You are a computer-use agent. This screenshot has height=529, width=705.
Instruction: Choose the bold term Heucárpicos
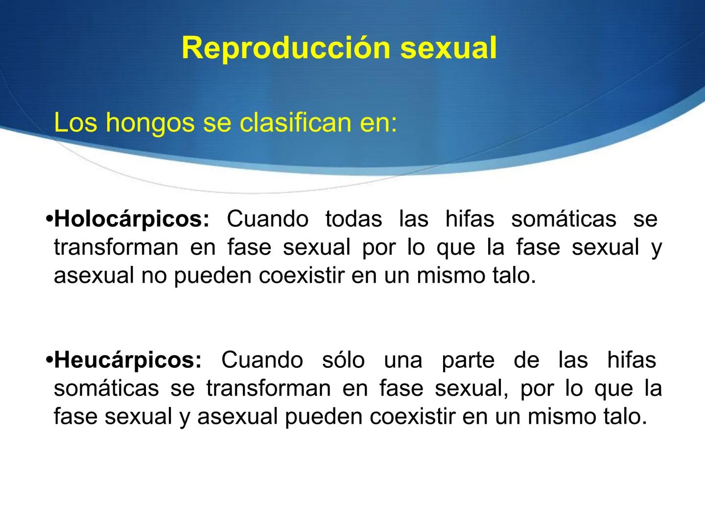coord(128,361)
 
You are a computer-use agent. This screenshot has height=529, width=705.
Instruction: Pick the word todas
coord(353,219)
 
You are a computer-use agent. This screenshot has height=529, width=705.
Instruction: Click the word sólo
coord(343,361)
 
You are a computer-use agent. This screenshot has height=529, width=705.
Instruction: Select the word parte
coord(468,361)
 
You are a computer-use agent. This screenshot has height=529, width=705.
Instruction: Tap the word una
coord(403,361)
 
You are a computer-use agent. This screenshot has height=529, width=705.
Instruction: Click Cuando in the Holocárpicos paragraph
coord(267,219)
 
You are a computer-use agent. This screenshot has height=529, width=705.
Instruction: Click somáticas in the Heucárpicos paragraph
coord(106,389)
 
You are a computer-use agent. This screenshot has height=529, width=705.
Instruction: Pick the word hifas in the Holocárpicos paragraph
coord(470,219)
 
